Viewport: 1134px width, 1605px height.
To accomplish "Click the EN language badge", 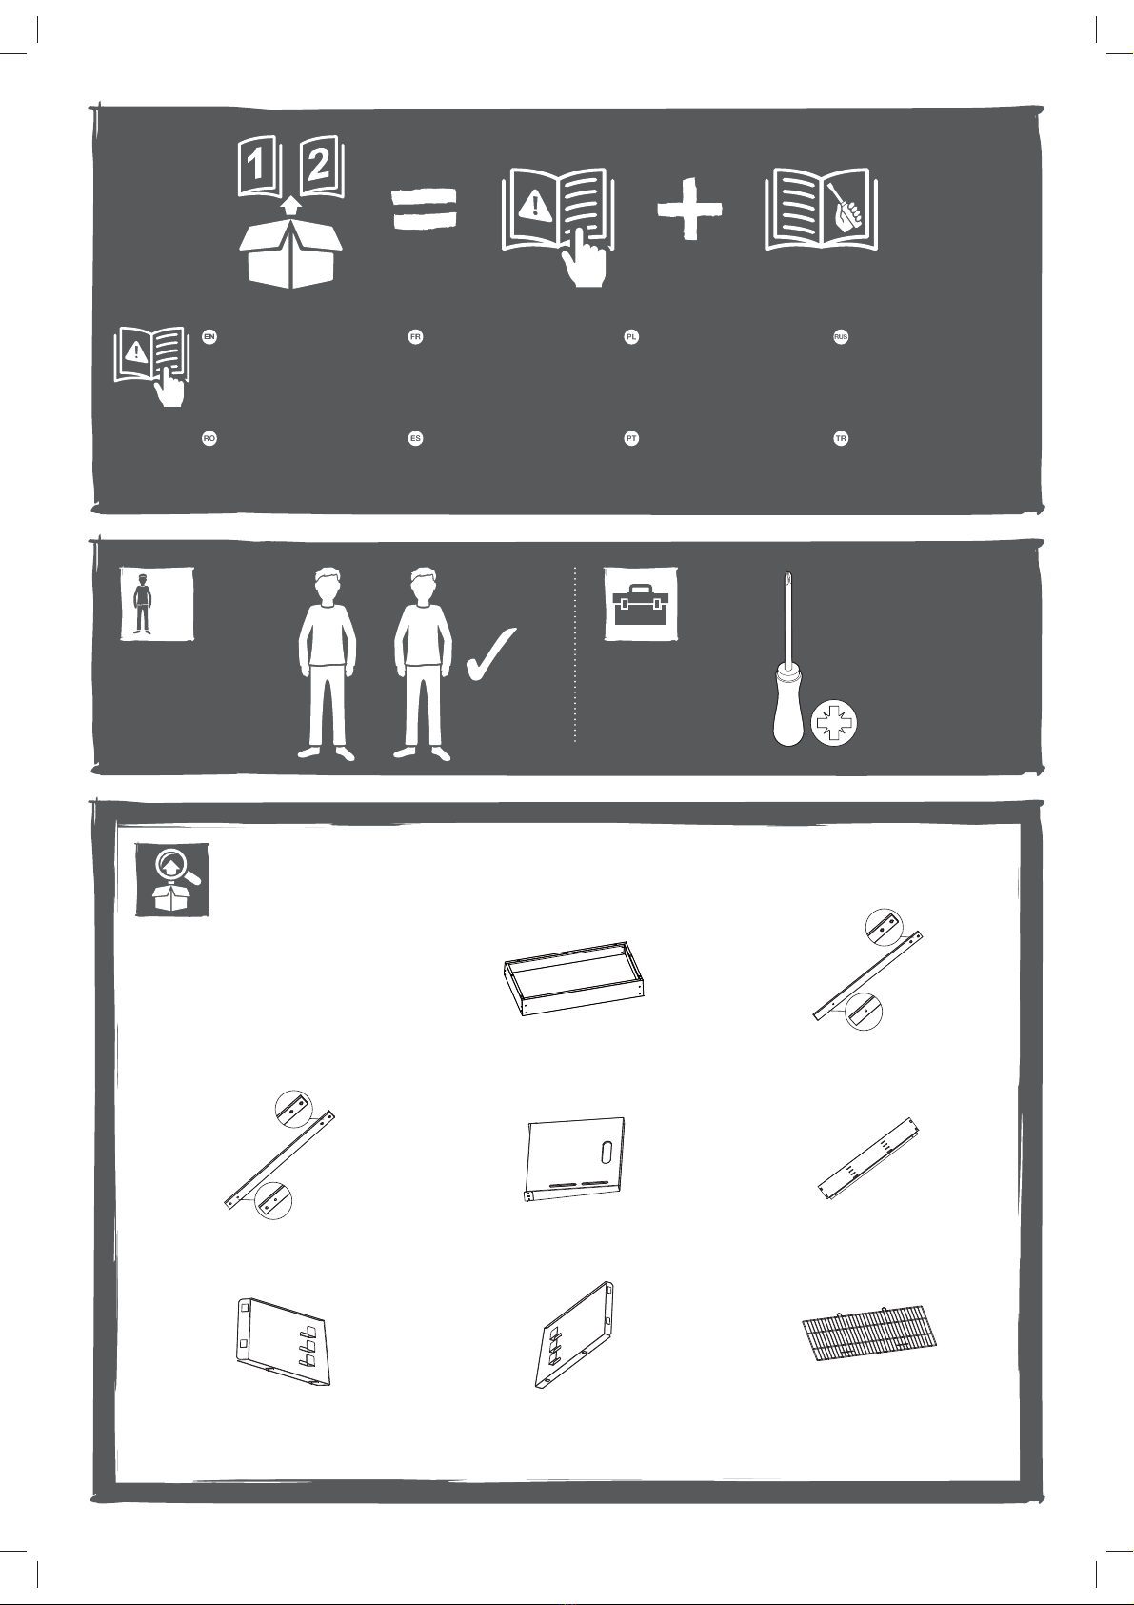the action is click(209, 337).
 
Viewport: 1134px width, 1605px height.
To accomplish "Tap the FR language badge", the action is click(415, 337).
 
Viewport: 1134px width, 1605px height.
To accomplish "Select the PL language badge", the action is click(631, 337).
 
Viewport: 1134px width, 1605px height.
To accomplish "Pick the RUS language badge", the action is click(841, 337).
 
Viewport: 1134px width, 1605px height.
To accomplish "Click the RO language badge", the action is click(209, 438).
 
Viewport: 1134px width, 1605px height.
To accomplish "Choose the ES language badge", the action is click(415, 438).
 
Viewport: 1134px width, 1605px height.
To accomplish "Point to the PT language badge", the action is click(631, 438).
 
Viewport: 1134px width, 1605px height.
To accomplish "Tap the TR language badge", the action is click(841, 438).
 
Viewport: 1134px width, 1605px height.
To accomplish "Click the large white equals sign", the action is click(424, 210).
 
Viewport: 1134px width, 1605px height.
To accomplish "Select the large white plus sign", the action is click(690, 209).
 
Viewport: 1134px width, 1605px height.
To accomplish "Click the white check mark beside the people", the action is click(491, 654).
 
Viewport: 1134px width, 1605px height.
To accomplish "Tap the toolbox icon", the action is click(641, 604).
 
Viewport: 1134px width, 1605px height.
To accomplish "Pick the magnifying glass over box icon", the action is click(172, 880).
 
